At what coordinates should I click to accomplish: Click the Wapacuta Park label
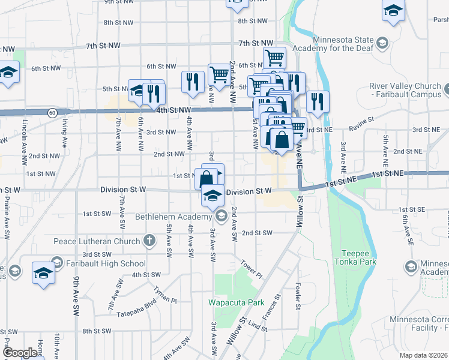pos(236,302)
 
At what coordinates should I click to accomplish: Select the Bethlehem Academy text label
pos(173,216)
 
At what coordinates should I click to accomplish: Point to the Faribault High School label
pos(107,263)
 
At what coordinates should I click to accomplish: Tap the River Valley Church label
pos(405,90)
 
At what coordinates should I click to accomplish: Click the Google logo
pos(20,352)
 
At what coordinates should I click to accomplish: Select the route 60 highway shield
pos(53,112)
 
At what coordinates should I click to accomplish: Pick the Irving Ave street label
pos(64,133)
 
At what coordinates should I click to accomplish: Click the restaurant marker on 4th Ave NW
pos(192,82)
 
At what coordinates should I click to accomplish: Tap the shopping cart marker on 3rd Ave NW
pos(218,74)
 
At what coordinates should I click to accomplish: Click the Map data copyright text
pos(424,355)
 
